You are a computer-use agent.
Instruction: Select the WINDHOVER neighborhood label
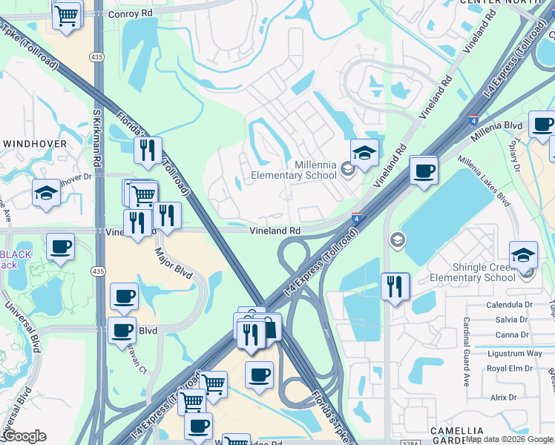[x=35, y=143]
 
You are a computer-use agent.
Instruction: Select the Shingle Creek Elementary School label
[x=473, y=272]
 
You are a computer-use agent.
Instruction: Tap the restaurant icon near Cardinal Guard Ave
[x=395, y=286]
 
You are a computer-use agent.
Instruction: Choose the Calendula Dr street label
[x=509, y=305]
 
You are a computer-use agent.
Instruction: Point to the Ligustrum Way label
[x=513, y=354]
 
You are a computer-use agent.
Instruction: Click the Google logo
[x=24, y=437]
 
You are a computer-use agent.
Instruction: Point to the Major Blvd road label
[x=173, y=263]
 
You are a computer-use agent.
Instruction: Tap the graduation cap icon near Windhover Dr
[x=46, y=194]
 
